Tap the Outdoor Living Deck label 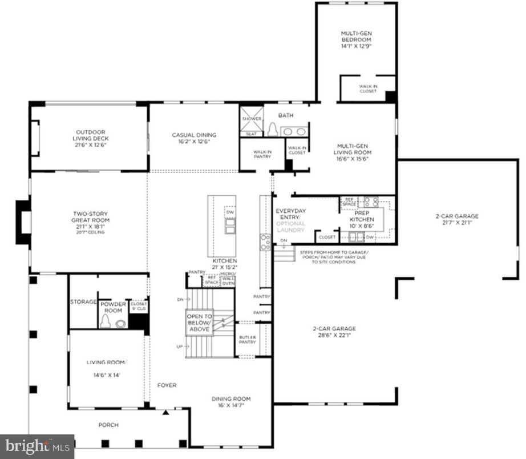coord(90,139)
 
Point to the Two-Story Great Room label coord(90,220)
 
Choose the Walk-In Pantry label coord(262,154)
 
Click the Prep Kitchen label coord(362,219)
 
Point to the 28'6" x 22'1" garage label coord(334,332)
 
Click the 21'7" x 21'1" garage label coord(456,220)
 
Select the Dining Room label coord(231,402)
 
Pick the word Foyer coord(167,385)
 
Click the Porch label coord(108,425)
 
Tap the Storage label coord(83,301)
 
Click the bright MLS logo coord(37,445)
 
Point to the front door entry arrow coord(165,412)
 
